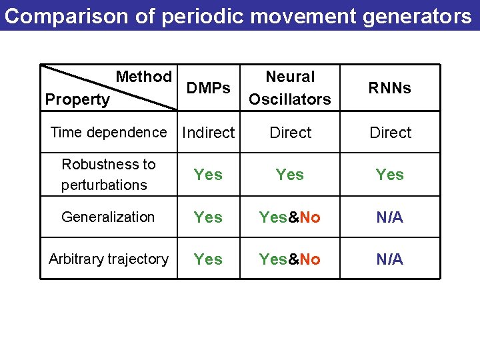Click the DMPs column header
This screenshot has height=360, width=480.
pos(209,88)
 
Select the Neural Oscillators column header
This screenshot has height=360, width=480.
pos(290,88)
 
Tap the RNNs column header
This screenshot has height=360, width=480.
pos(390,88)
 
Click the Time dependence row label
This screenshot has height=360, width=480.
pos(109,132)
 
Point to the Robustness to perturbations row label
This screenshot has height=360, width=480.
pos(108,174)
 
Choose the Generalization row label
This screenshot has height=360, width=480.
pos(108,217)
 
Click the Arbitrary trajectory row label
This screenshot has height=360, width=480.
pos(109,259)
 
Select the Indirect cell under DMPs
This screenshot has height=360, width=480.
pos(209,133)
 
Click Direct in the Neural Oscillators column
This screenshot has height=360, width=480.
pos(290,133)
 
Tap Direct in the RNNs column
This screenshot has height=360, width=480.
pos(390,133)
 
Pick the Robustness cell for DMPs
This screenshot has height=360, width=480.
pos(208,175)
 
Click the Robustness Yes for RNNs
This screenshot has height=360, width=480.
pos(390,175)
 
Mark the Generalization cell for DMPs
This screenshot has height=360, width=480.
pos(208,217)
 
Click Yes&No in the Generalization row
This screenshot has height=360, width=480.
pos(290,217)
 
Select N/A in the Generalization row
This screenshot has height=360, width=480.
pos(390,217)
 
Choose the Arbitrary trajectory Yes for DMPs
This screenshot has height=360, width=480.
pos(208,259)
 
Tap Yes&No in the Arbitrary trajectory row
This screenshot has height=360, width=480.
pos(290,259)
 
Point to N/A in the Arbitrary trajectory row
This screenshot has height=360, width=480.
pos(390,259)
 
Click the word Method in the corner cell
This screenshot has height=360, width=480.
pos(144,77)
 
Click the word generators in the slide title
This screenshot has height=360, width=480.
pos(417,16)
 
